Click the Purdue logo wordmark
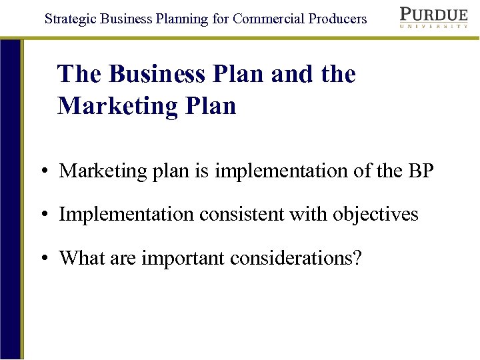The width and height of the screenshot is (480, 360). click(x=433, y=14)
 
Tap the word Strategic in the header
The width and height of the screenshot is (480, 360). click(x=69, y=19)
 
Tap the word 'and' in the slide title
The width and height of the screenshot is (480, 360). click(x=293, y=74)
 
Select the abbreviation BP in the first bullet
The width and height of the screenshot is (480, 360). click(x=419, y=171)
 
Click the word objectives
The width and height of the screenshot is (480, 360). click(x=376, y=215)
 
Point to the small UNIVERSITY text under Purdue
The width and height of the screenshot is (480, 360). click(x=433, y=26)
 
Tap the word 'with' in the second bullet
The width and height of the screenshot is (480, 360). click(x=312, y=215)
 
